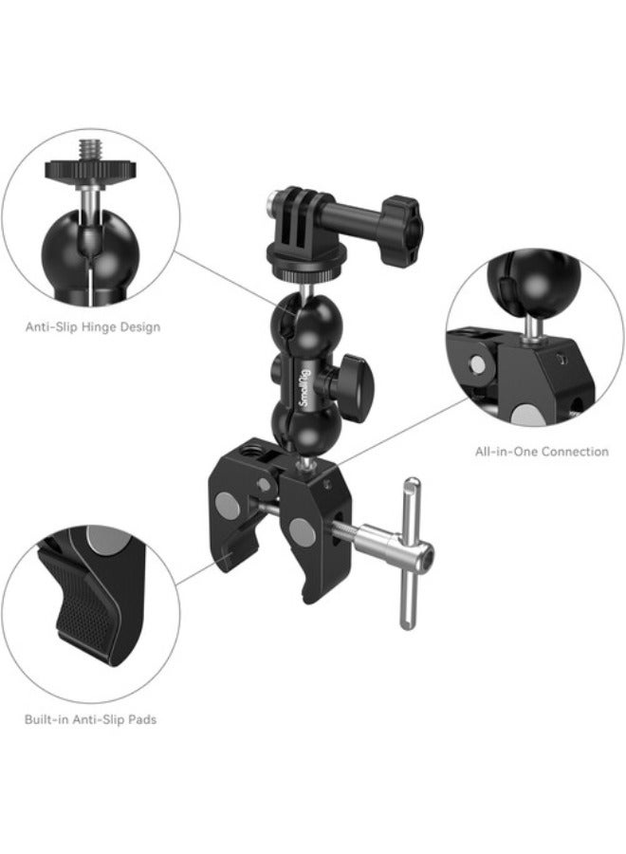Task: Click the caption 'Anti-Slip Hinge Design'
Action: click(x=92, y=327)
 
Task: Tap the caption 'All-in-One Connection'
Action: click(x=542, y=452)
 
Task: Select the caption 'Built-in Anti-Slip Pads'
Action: click(x=91, y=719)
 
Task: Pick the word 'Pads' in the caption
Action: click(x=143, y=719)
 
